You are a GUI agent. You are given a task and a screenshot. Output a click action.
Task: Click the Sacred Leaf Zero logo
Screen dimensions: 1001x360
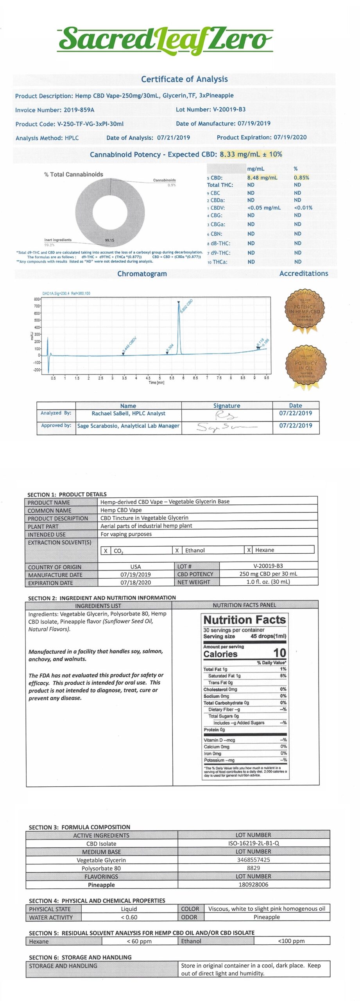pyautogui.click(x=165, y=40)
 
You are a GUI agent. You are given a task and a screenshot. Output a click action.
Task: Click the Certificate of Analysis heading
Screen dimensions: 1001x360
pyautogui.click(x=184, y=79)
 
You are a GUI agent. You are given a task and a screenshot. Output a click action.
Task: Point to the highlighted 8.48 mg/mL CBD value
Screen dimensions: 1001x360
pyautogui.click(x=262, y=178)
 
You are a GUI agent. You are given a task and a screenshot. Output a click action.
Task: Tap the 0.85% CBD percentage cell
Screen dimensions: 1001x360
pyautogui.click(x=301, y=178)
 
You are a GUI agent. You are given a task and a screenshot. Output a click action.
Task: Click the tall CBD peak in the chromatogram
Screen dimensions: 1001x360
pyautogui.click(x=179, y=325)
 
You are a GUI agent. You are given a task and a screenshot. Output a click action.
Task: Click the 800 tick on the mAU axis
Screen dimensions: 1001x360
pyautogui.click(x=37, y=299)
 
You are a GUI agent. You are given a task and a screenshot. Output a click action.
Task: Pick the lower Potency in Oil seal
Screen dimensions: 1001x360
pyautogui.click(x=305, y=366)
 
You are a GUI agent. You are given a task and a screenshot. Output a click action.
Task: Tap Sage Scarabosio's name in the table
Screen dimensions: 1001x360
pyautogui.click(x=128, y=426)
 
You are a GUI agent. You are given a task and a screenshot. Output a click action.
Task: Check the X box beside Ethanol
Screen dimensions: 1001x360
pyautogui.click(x=177, y=550)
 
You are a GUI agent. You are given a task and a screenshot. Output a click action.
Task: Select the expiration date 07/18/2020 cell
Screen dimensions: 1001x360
pyautogui.click(x=136, y=583)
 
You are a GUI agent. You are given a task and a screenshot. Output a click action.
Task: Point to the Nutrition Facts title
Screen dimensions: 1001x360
pyautogui.click(x=245, y=620)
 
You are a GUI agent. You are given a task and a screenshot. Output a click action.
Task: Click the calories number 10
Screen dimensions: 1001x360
pyautogui.click(x=279, y=653)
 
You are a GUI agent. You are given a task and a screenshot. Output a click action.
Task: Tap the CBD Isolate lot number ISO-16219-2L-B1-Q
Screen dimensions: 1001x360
pyautogui.click(x=254, y=843)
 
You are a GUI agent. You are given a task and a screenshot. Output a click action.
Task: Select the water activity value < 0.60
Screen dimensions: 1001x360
pyautogui.click(x=129, y=917)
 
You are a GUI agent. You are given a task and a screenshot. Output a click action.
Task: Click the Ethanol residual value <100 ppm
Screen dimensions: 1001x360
pyautogui.click(x=291, y=941)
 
